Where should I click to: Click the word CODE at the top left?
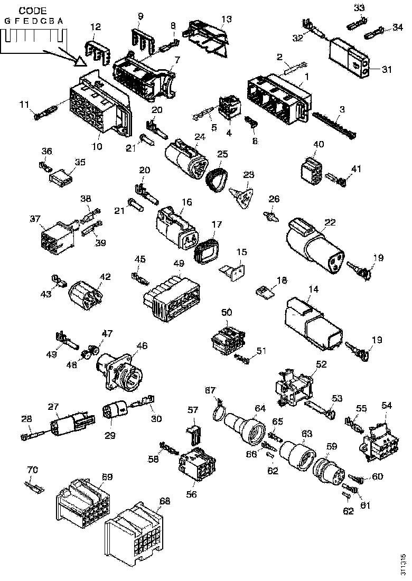point(33,10)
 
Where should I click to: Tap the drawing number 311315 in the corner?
point(404,564)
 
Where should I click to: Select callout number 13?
point(226,20)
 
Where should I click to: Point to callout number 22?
point(330,223)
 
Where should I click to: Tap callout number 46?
point(142,346)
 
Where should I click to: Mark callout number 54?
point(387,405)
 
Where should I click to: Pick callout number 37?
point(35,219)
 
